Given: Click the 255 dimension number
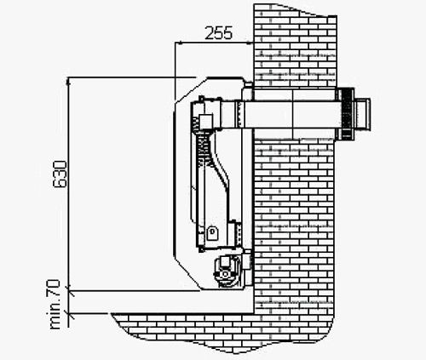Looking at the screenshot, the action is coord(218,33).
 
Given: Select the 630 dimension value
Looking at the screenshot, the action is coord(60,174).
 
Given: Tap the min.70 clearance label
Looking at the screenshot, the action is coord(54,305).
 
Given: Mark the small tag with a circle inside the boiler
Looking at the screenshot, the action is coord(211,233).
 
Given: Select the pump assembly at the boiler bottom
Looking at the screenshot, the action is coord(227,271).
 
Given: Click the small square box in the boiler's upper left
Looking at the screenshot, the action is coord(206,122).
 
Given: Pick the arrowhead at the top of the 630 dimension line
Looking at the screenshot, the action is coord(67,82).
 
